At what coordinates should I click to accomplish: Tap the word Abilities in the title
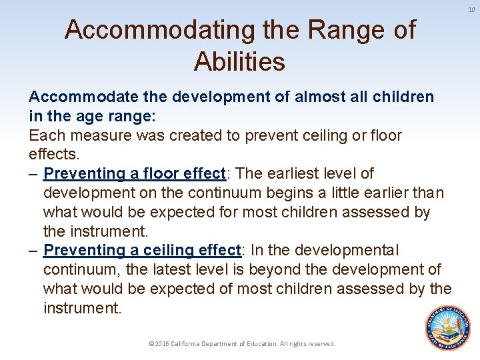pos(239,61)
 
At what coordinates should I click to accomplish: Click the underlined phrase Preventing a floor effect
pos(135,173)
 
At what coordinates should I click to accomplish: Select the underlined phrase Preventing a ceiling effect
pos(141,250)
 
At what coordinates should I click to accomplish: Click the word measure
pos(97,135)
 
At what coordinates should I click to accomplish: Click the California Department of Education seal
pos(447,327)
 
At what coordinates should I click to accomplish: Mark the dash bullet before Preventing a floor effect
pos(33,173)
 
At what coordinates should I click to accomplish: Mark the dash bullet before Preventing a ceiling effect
pos(33,250)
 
